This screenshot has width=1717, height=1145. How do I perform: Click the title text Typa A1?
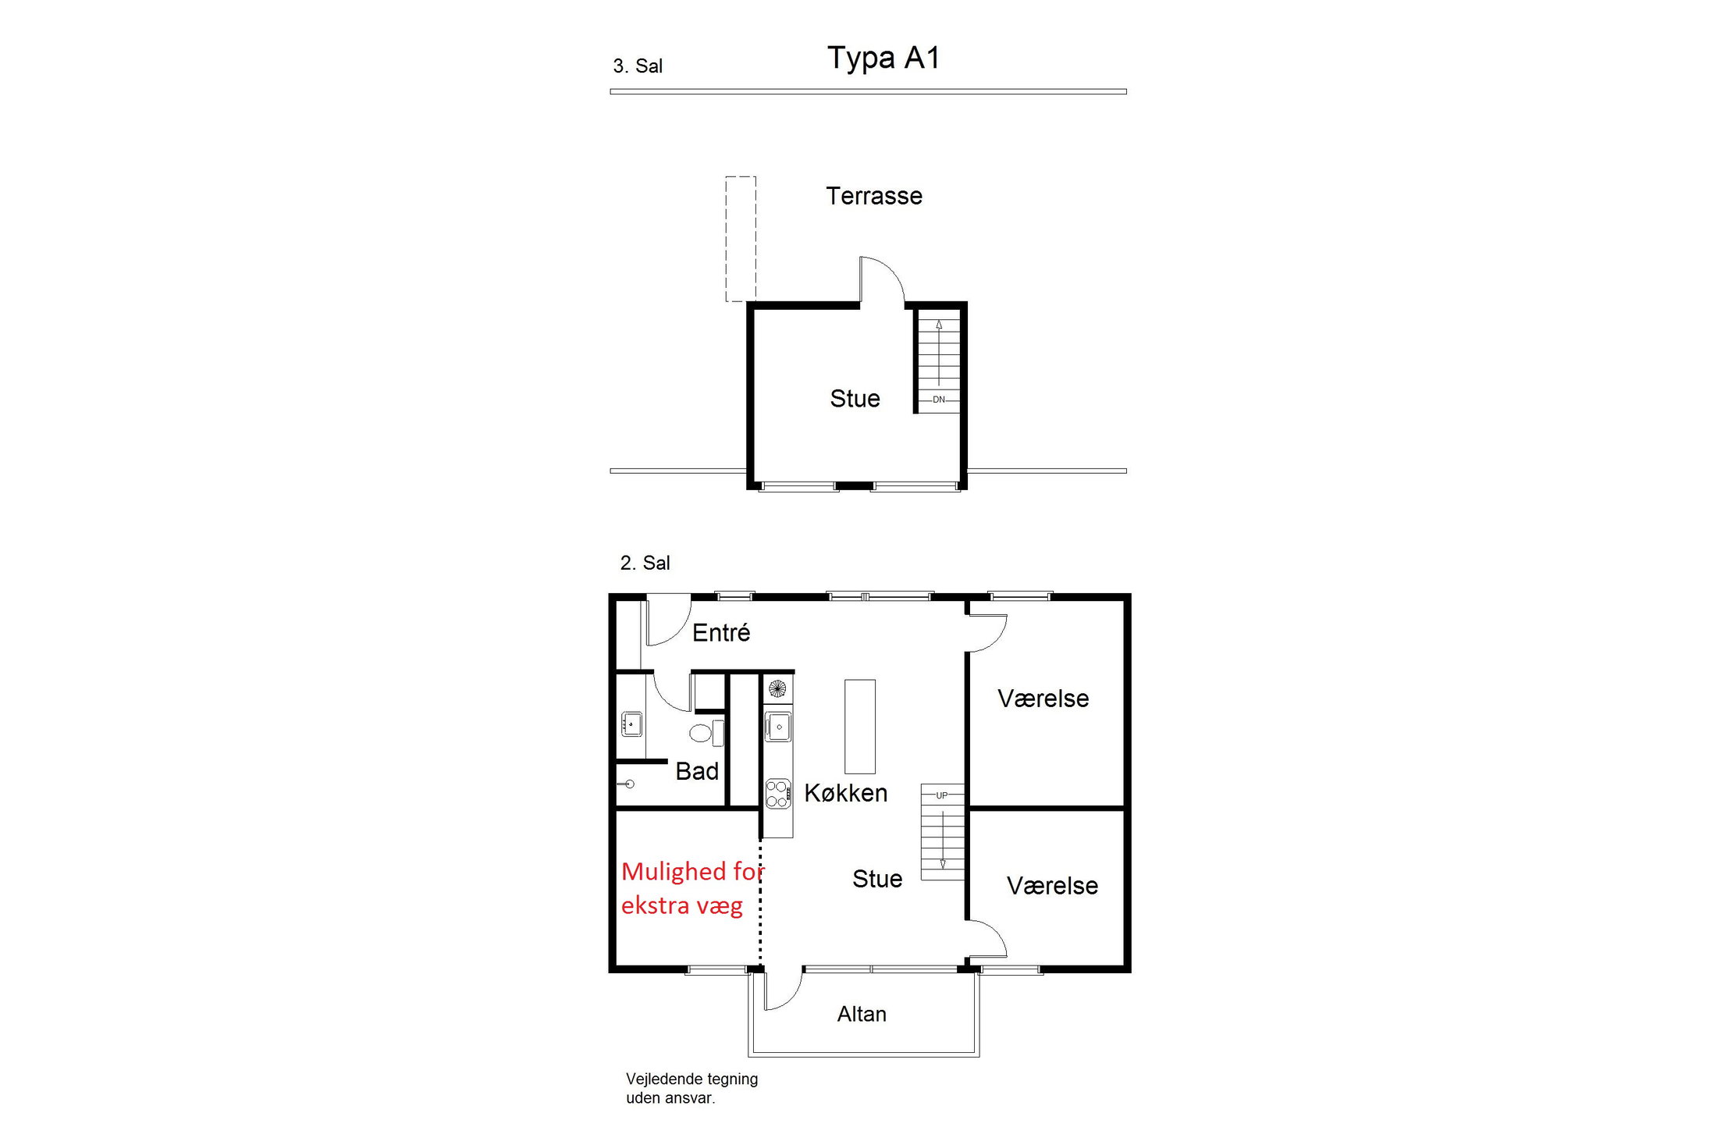[x=883, y=58]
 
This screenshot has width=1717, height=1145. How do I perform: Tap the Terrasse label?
[x=873, y=196]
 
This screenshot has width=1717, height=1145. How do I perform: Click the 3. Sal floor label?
[x=637, y=66]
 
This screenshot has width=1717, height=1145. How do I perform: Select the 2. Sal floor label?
[x=645, y=563]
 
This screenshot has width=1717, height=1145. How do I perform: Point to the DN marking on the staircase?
[x=938, y=400]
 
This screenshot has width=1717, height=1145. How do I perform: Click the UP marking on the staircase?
[x=941, y=795]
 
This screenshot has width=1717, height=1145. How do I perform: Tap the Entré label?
[x=720, y=632]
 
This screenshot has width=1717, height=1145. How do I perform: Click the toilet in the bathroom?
[x=702, y=733]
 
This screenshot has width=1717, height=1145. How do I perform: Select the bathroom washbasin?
[x=631, y=724]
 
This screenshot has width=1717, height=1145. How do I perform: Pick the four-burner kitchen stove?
[x=777, y=794]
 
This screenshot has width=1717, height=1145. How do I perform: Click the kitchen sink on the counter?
[x=777, y=727]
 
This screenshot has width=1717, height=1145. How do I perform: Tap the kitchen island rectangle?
[x=859, y=726]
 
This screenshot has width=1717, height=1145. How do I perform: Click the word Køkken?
[x=845, y=793]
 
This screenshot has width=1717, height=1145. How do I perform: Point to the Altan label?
[x=862, y=1014]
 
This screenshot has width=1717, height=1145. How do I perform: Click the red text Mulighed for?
[x=692, y=871]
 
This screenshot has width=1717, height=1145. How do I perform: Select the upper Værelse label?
[x=1043, y=699]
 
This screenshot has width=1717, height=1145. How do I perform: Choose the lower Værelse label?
[x=1052, y=886]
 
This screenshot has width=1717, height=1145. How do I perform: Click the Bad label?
[x=696, y=771]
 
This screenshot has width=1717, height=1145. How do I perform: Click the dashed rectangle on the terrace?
[x=740, y=239]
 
